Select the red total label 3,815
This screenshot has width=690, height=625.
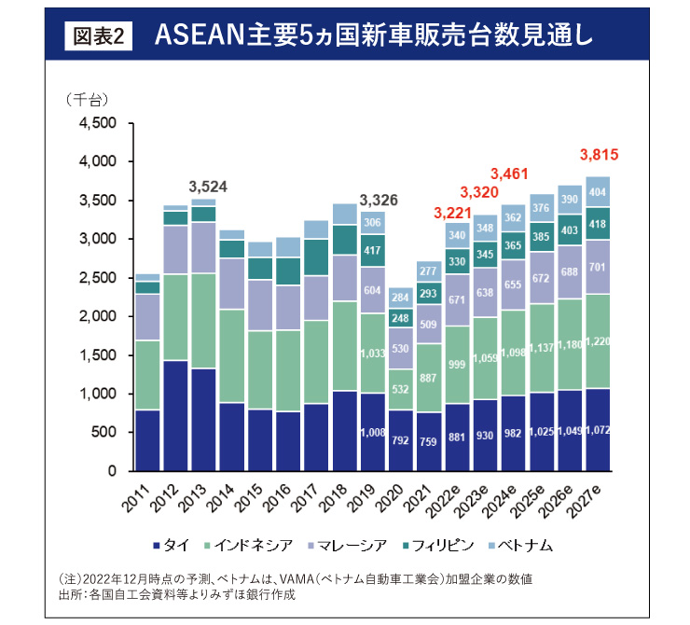pos(600,155)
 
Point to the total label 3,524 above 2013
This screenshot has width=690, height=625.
pos(209,186)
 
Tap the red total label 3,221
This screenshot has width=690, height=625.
pos(453,214)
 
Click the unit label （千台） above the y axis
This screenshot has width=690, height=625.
pos(88,99)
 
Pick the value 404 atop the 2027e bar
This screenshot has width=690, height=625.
pos(598,190)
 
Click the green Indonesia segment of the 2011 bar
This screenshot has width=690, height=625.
pos(146,375)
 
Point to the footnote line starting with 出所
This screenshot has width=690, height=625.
pos(177,594)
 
